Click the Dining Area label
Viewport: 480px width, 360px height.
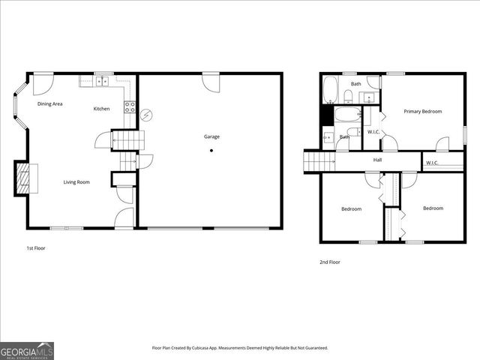pos(50,103)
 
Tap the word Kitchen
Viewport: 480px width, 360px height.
pos(101,109)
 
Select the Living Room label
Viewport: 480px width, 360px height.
pos(76,181)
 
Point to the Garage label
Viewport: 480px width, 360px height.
pos(212,136)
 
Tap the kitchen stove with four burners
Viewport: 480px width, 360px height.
pos(129,106)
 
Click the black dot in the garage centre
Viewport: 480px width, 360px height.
pos(211,150)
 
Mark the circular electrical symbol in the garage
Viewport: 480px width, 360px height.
pos(147,115)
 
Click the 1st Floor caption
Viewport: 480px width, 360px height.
pos(36,247)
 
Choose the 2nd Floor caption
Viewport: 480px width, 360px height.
pos(330,262)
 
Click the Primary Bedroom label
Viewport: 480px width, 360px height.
pos(423,112)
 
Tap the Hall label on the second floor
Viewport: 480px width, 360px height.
pos(379,160)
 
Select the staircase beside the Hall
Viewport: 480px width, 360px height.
pos(319,160)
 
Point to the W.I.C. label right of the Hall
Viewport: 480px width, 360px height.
pos(433,163)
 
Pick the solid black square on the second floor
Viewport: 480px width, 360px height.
pos(325,115)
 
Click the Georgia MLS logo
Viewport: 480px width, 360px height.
pos(26,350)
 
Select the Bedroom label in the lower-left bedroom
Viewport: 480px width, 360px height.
pos(352,208)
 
